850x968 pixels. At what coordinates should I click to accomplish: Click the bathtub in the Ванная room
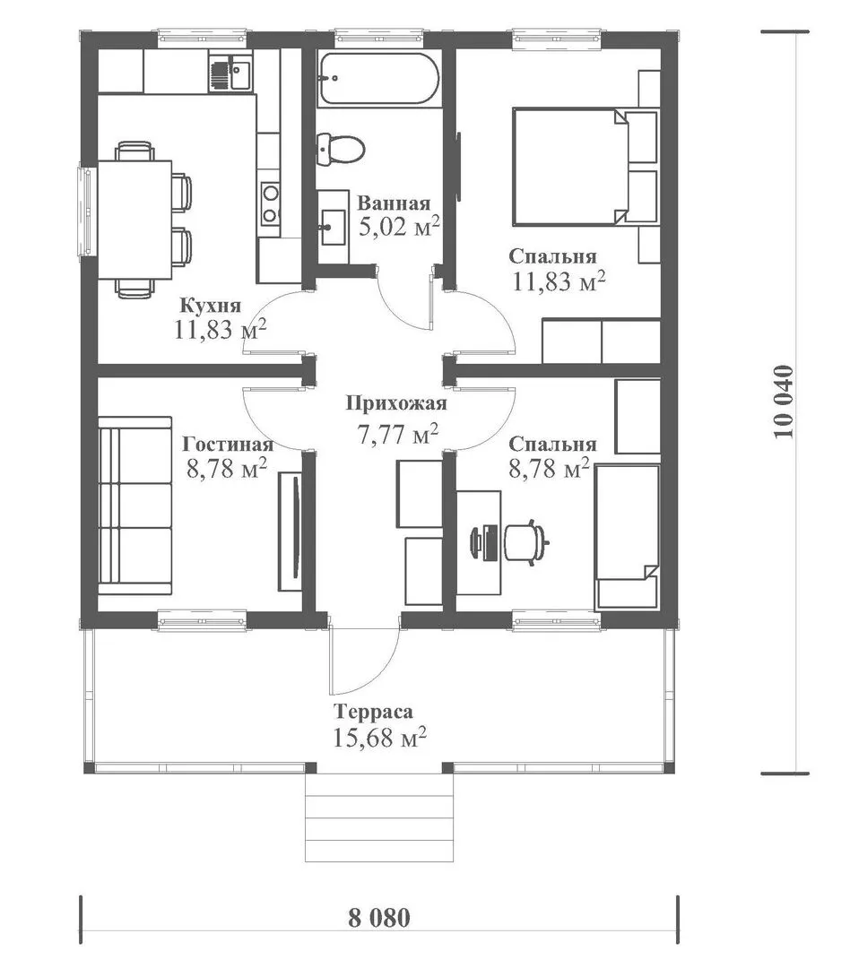378,79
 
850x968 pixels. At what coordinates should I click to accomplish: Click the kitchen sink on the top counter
230,73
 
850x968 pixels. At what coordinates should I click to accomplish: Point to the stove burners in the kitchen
270,203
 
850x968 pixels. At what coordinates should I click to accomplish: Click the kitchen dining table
134,220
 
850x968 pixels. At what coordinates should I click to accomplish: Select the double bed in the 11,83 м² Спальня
584,166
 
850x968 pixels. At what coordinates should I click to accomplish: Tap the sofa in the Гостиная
134,506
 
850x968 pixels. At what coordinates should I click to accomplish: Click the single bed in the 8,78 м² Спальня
627,537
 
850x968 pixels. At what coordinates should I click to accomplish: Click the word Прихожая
395,403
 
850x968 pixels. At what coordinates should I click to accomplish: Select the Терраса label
373,712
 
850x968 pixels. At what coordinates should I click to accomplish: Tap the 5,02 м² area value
399,227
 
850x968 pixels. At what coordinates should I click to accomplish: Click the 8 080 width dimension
379,918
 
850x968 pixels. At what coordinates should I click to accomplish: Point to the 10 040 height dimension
783,402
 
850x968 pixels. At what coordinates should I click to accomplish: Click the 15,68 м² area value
380,737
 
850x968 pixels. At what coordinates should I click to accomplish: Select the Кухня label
210,305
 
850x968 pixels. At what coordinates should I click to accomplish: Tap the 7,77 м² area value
398,434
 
